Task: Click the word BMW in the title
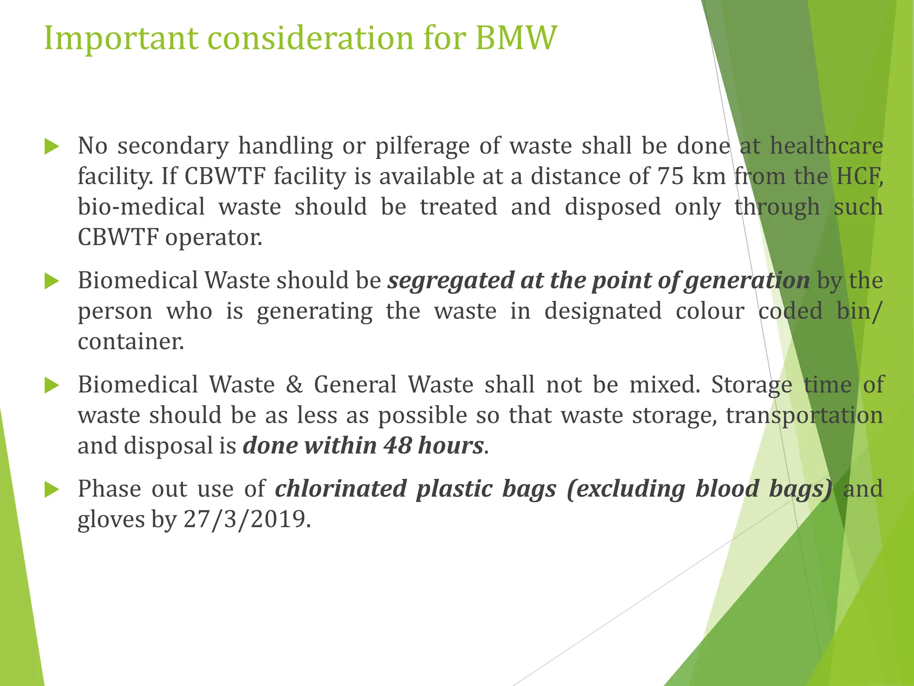point(515,38)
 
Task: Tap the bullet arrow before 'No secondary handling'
point(52,146)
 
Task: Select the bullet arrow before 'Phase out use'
point(52,490)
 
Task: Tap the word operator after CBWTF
point(213,237)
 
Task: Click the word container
point(130,342)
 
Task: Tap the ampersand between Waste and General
point(294,385)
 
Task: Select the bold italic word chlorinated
point(341,489)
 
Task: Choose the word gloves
point(111,519)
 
